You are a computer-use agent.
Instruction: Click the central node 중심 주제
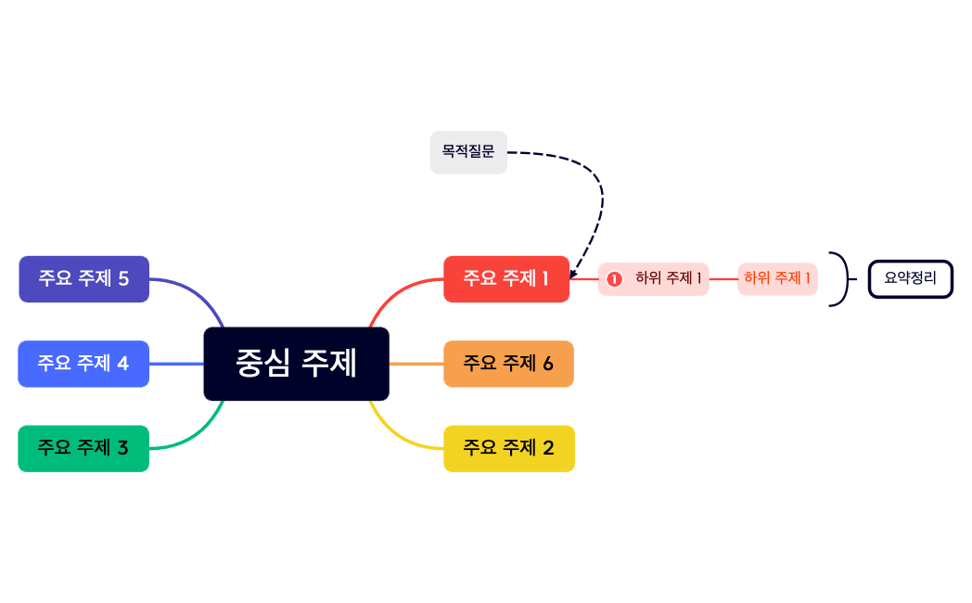point(296,364)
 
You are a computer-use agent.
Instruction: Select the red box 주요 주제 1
point(506,278)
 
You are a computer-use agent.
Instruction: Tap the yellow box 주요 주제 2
point(508,448)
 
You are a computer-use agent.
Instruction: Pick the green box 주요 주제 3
point(83,448)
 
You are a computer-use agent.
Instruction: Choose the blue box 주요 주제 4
point(83,364)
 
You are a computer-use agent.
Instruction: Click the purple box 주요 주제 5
point(83,278)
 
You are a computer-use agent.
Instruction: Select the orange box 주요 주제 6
point(508,364)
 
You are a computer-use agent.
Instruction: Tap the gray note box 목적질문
point(468,152)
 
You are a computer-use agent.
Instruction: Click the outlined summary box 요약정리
point(910,278)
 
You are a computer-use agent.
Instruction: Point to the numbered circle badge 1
point(614,278)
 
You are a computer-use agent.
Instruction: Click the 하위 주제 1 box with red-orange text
point(777,278)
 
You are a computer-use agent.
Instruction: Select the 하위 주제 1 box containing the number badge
point(654,278)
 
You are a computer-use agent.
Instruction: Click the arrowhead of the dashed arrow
point(573,274)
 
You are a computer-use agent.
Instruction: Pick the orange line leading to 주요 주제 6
point(416,364)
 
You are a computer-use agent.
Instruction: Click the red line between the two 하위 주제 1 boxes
point(723,278)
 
